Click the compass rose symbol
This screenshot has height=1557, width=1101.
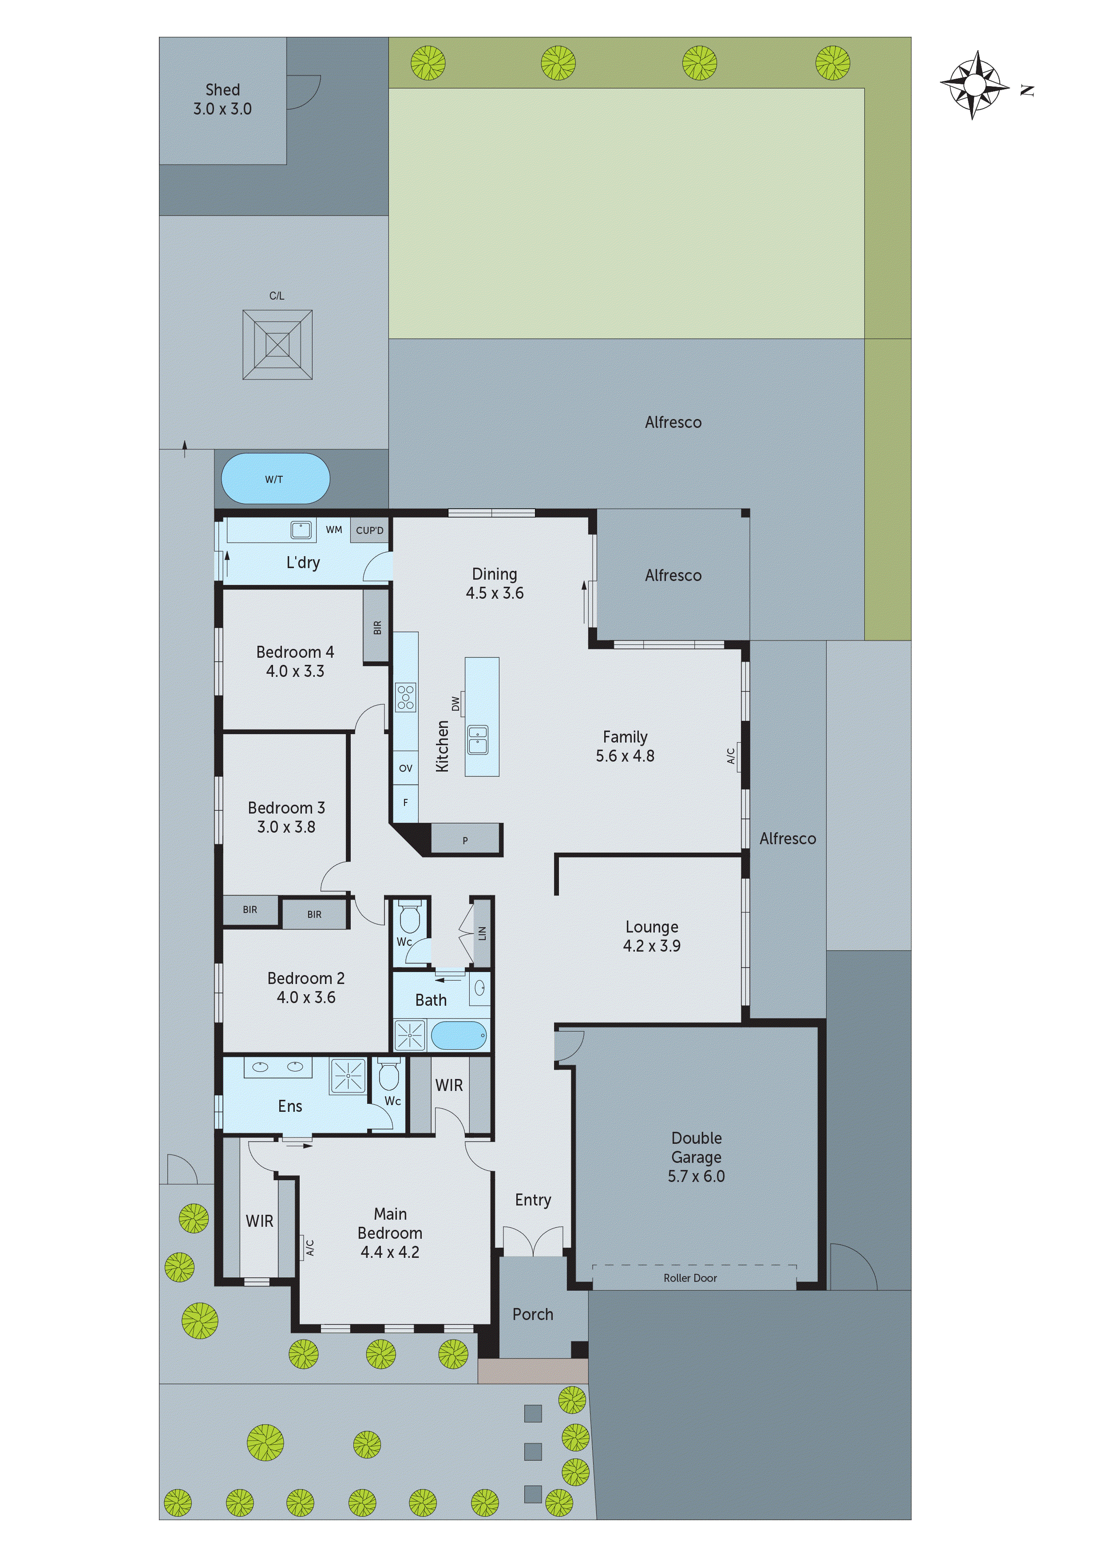(x=974, y=86)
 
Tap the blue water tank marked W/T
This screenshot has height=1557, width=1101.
(x=275, y=479)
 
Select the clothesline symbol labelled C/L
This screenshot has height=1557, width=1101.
(x=277, y=344)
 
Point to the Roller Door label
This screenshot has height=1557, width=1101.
(x=690, y=1278)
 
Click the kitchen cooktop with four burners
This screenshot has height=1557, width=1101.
(x=406, y=697)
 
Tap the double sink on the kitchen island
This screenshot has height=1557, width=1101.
(x=478, y=740)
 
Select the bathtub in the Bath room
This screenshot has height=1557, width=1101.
(x=459, y=1035)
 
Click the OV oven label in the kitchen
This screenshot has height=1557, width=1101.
(x=406, y=768)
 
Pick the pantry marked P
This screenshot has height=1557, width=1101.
(x=465, y=840)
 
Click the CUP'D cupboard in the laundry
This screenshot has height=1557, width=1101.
(x=370, y=530)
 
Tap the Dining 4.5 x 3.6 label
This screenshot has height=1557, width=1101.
(x=495, y=583)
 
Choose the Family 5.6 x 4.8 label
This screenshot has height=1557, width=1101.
(x=625, y=746)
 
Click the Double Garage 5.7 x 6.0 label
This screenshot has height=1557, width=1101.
(x=696, y=1157)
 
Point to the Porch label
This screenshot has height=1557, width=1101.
(x=533, y=1314)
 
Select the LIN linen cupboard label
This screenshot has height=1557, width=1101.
(x=482, y=933)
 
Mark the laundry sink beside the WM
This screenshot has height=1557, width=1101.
(x=301, y=530)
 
